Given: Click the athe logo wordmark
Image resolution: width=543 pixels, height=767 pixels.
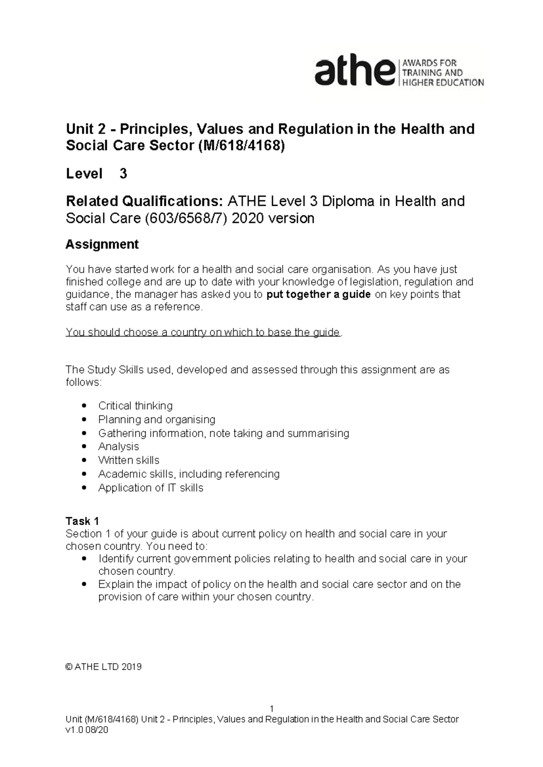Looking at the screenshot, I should [x=354, y=72].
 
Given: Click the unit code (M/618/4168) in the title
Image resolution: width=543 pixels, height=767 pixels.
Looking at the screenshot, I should [x=242, y=146].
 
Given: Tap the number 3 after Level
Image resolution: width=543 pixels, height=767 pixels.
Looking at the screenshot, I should [x=123, y=174].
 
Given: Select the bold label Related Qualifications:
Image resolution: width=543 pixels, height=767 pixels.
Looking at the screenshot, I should [x=144, y=201].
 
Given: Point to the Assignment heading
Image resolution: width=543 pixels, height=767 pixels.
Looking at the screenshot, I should [x=102, y=245].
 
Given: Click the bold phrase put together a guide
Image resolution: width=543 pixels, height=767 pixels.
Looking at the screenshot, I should [x=319, y=294].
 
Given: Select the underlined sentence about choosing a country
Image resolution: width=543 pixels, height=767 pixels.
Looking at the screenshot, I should [x=203, y=332].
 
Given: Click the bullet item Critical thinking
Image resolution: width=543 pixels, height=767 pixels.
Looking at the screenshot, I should [x=135, y=406].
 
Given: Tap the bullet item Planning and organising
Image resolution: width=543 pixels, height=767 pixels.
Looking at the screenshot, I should [x=157, y=419].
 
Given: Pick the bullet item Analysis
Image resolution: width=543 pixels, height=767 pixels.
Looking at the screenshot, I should [x=119, y=446].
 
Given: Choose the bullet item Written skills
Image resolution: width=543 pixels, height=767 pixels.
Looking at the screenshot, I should [x=129, y=460].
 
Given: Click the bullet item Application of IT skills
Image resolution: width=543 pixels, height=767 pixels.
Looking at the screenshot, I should [x=151, y=488].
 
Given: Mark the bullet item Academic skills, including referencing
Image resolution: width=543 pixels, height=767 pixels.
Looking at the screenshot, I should [x=189, y=474].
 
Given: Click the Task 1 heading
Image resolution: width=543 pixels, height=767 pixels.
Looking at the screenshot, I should [x=82, y=521].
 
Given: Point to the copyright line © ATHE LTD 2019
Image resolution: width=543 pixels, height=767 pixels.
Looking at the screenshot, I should [x=104, y=667].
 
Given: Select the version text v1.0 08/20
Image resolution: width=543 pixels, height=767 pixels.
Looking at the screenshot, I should [x=87, y=731].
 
